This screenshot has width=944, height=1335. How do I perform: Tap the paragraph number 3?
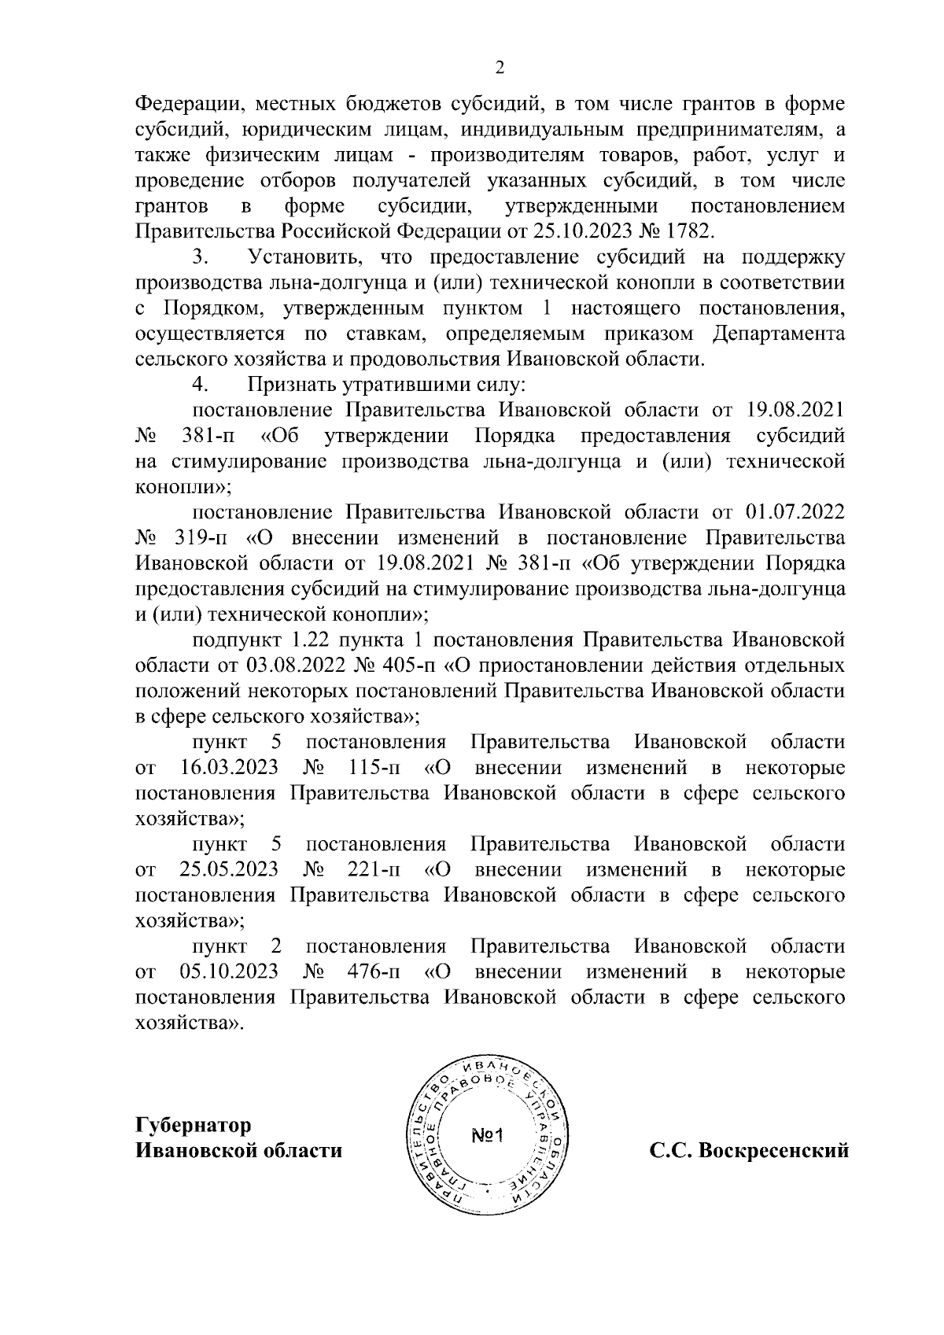pyautogui.click(x=199, y=257)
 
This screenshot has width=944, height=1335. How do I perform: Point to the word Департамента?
pyautogui.click(x=779, y=334)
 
